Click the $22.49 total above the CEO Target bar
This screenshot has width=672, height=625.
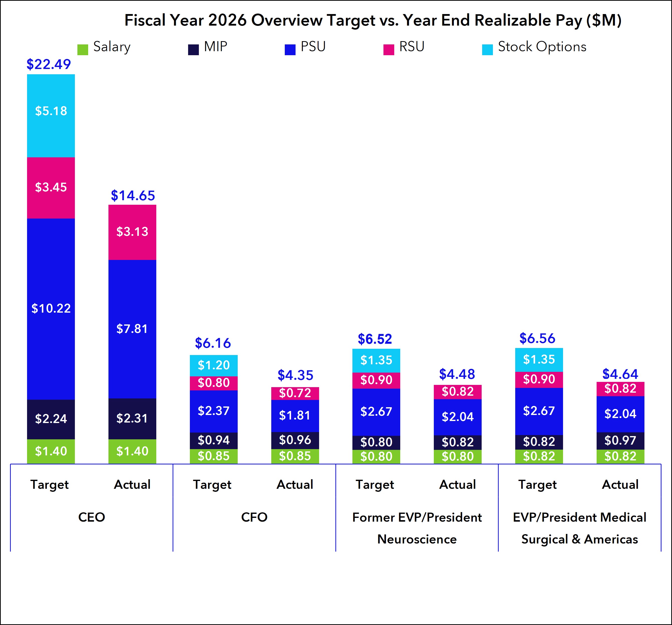49,64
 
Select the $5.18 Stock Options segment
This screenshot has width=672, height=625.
51,116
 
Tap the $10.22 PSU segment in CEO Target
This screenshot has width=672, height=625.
51,309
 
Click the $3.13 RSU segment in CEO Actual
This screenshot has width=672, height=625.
132,232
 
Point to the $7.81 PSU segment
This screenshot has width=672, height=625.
132,329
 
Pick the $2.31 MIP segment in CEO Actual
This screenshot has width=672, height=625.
132,419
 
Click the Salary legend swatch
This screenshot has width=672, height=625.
83,49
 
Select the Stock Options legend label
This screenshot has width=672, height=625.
542,47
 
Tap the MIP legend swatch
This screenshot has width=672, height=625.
194,49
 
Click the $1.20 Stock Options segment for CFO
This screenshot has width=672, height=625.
214,366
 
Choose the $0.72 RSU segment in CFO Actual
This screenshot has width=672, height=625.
295,393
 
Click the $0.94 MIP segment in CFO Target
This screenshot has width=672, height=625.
214,441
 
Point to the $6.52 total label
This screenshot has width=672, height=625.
375,339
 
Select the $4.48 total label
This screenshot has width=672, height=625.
457,374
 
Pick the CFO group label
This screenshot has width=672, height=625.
254,517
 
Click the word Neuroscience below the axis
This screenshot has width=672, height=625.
417,539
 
